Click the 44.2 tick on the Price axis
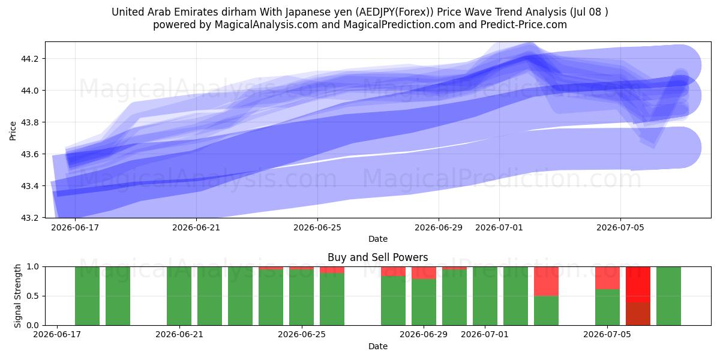pyautogui.click(x=29, y=59)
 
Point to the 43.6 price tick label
pyautogui.click(x=29, y=154)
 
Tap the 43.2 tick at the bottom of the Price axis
pyautogui.click(x=29, y=218)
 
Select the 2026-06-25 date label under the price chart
pyautogui.click(x=317, y=227)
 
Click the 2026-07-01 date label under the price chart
pyautogui.click(x=499, y=227)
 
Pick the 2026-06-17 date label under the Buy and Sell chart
pyautogui.click(x=57, y=334)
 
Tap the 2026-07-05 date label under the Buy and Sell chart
pyautogui.click(x=607, y=334)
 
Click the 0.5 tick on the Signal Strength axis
pyautogui.click(x=33, y=296)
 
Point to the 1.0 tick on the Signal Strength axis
pyautogui.click(x=33, y=266)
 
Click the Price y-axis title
pyautogui.click(x=13, y=131)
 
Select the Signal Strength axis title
pyautogui.click(x=17, y=296)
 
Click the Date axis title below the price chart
pyautogui.click(x=377, y=239)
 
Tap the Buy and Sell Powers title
pyautogui.click(x=377, y=257)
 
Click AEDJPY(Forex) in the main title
pyautogui.click(x=396, y=12)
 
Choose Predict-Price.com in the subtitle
pyautogui.click(x=523, y=25)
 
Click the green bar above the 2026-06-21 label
pyautogui.click(x=179, y=296)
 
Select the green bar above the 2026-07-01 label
pyautogui.click(x=485, y=296)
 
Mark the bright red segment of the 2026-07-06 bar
pyautogui.click(x=638, y=284)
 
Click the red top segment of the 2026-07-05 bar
pyautogui.click(x=607, y=278)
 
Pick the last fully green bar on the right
pyautogui.click(x=668, y=296)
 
